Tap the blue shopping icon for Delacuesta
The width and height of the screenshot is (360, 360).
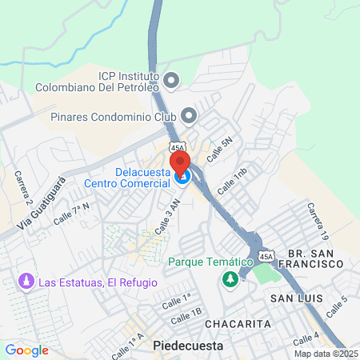tap(183, 177)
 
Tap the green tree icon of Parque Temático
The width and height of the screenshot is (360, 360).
tap(230, 278)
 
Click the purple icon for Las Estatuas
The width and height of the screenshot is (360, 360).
tap(25, 283)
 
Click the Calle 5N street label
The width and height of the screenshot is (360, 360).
tap(219, 150)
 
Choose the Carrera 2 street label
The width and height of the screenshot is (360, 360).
tap(24, 188)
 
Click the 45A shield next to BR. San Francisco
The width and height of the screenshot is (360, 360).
tap(266, 255)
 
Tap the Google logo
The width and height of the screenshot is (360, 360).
tap(26, 350)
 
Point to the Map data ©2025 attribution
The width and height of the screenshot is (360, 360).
tap(325, 354)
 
